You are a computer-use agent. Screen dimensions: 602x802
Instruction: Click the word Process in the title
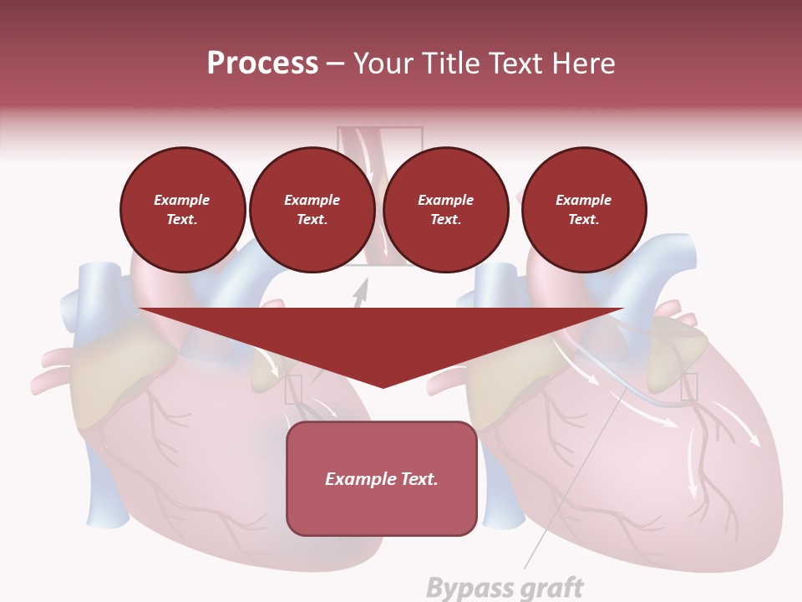coord(262,64)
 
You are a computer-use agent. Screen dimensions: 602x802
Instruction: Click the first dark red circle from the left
coord(182,209)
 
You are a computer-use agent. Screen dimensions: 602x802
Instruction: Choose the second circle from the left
coord(312,209)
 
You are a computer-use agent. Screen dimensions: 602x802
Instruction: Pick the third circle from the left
coord(445,209)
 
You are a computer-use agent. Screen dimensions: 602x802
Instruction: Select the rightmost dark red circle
coord(583,209)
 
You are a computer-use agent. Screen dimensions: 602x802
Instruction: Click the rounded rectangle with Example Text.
coord(381,478)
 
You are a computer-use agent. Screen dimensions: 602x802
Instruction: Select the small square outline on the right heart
coord(689,386)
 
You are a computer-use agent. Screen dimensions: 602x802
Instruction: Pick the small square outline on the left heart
coord(293,390)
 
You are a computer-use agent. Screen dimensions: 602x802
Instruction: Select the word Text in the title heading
coord(515,64)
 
